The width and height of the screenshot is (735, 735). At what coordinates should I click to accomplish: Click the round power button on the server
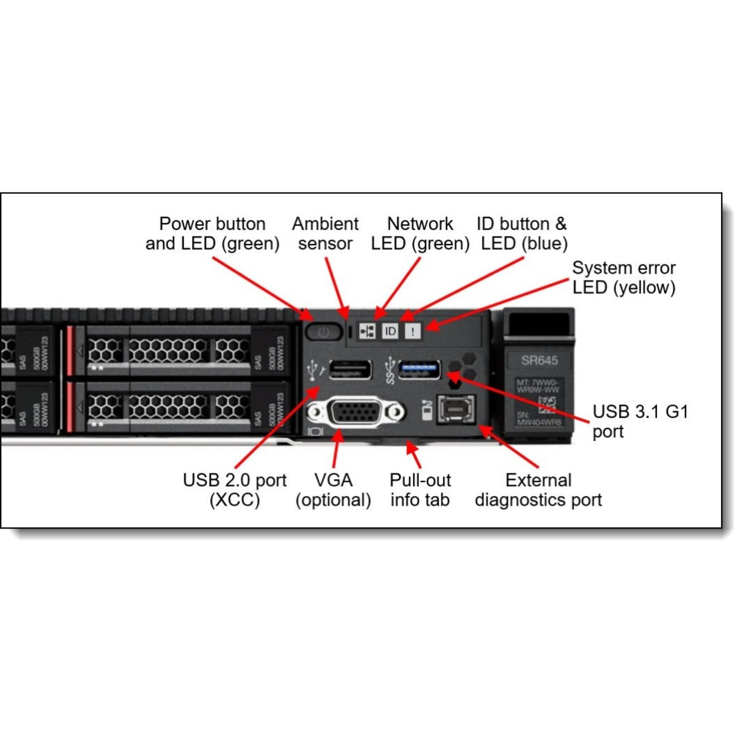tap(323, 331)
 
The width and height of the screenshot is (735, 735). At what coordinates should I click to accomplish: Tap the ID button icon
tap(390, 331)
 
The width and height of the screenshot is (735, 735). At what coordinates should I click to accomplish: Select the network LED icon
tap(367, 331)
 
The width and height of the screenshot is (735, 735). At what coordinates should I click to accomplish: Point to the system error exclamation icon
tap(412, 331)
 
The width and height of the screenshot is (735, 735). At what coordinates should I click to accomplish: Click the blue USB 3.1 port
tap(419, 369)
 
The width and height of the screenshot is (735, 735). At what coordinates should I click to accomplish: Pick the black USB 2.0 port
tap(350, 369)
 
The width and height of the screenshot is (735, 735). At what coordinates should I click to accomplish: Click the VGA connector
tap(356, 413)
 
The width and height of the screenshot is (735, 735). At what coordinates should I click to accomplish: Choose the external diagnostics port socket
tap(456, 411)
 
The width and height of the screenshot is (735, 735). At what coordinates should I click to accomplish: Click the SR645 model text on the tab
tap(539, 361)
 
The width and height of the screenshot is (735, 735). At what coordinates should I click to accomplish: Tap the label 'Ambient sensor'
tap(325, 233)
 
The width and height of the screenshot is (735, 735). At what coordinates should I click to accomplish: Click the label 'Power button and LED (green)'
tap(212, 233)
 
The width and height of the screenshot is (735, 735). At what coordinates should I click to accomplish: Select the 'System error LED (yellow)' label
tap(623, 278)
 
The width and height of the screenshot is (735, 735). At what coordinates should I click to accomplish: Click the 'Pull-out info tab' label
tap(419, 490)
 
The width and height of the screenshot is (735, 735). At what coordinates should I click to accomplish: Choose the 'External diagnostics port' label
tap(538, 490)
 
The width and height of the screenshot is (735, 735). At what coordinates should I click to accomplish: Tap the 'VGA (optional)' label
tap(333, 490)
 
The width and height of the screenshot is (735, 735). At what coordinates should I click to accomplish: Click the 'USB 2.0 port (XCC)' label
tap(234, 490)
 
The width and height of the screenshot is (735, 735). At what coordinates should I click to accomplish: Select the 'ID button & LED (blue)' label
tap(523, 233)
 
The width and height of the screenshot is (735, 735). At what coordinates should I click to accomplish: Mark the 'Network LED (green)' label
tap(420, 233)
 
